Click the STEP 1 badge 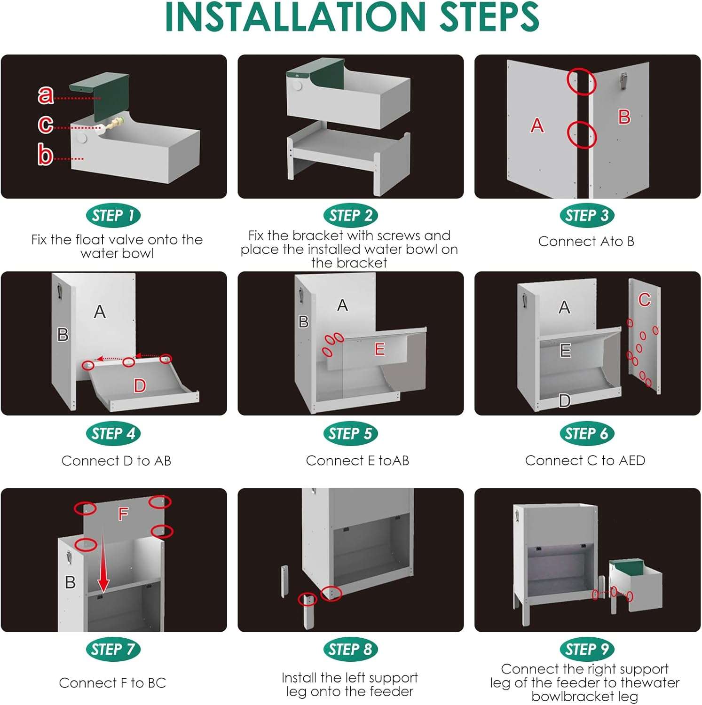113,216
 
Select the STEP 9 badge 587,650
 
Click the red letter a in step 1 46,95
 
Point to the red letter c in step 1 46,124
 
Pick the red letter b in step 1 45,155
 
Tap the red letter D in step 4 140,386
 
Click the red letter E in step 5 379,349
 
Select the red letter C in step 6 644,300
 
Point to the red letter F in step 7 123,514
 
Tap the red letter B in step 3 624,117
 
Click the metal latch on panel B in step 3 624,81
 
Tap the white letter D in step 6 565,400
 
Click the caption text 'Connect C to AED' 585,461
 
